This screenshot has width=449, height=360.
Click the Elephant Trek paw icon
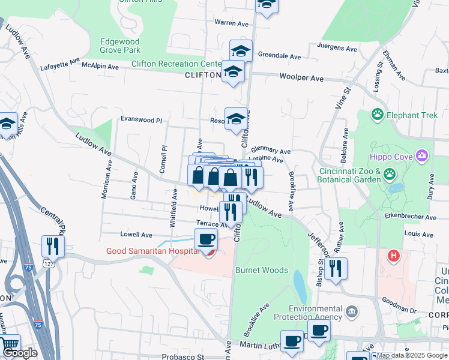click(x=378, y=114)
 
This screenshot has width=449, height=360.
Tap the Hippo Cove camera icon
click(x=423, y=157)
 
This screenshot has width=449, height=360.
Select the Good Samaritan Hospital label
click(x=152, y=251)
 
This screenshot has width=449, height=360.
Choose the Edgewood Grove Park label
click(x=121, y=46)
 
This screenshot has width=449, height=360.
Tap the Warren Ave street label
click(x=232, y=24)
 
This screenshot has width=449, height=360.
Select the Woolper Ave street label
click(x=301, y=78)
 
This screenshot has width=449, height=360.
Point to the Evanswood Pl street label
click(x=142, y=120)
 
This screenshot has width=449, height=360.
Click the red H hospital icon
click(x=394, y=256)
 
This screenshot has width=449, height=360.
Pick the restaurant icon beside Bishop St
click(x=337, y=270)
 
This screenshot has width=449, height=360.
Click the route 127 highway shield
click(x=47, y=263)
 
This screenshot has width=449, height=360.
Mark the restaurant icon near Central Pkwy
click(x=53, y=247)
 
